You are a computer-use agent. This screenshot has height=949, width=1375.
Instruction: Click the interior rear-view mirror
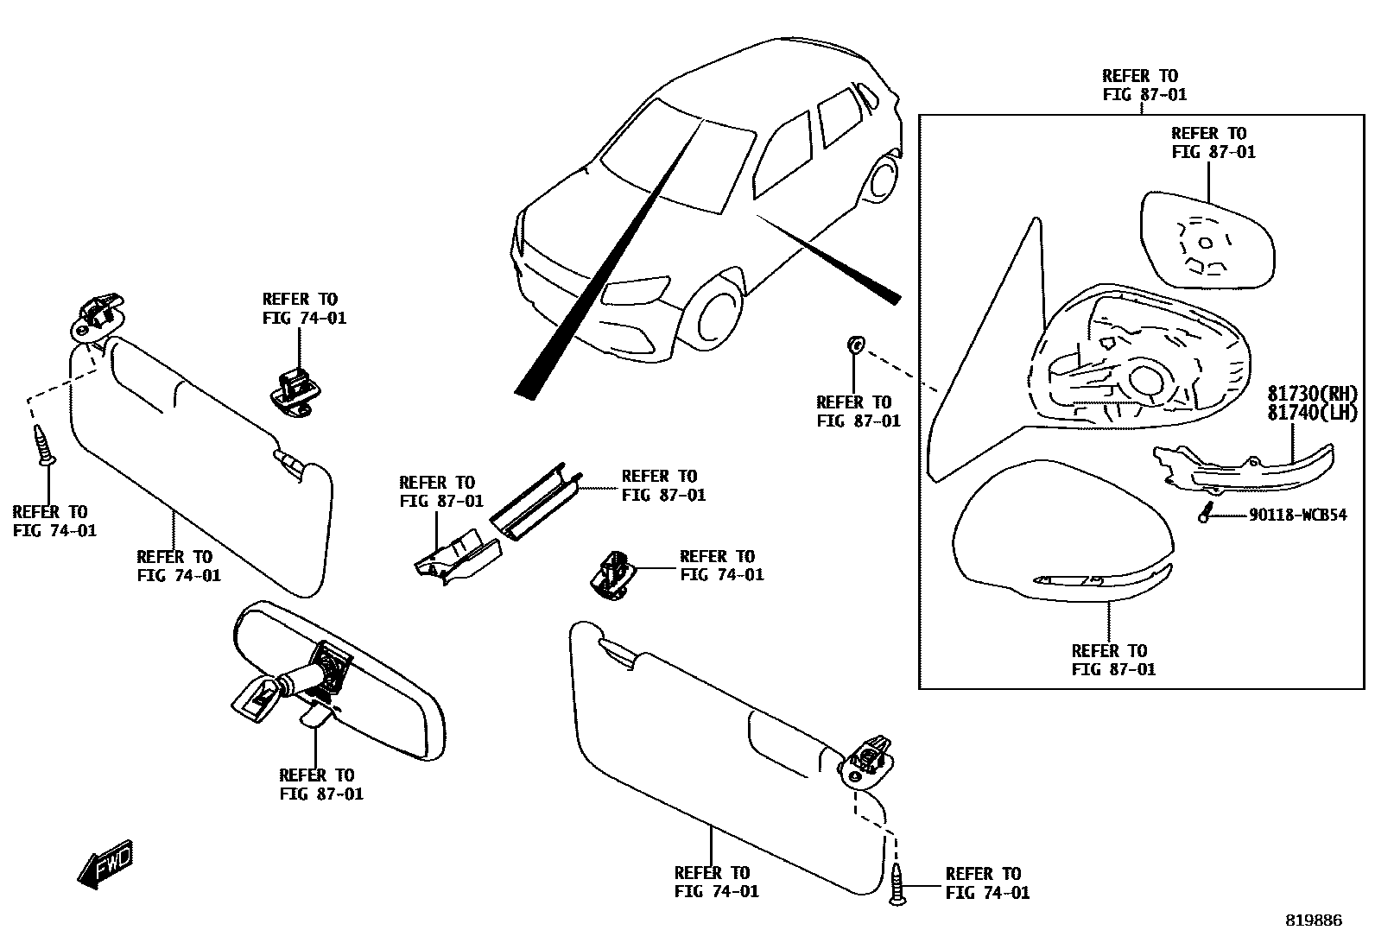click(x=345, y=682)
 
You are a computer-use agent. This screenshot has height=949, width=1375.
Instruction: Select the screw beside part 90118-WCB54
click(x=1205, y=511)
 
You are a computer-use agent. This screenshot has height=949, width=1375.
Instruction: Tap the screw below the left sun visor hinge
click(x=44, y=444)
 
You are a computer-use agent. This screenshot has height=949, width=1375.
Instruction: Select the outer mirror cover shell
click(x=1062, y=535)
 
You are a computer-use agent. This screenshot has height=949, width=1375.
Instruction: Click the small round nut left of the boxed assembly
click(x=854, y=345)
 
